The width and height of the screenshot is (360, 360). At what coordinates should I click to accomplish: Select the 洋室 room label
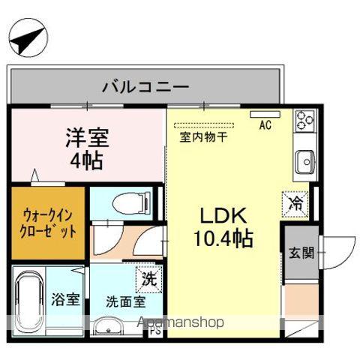click(x=87, y=139)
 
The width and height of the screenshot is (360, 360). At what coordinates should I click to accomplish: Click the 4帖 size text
click(x=87, y=160)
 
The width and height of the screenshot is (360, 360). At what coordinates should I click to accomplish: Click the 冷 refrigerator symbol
click(x=295, y=202)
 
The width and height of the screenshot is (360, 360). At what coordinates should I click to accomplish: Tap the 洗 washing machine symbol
click(x=148, y=280)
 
